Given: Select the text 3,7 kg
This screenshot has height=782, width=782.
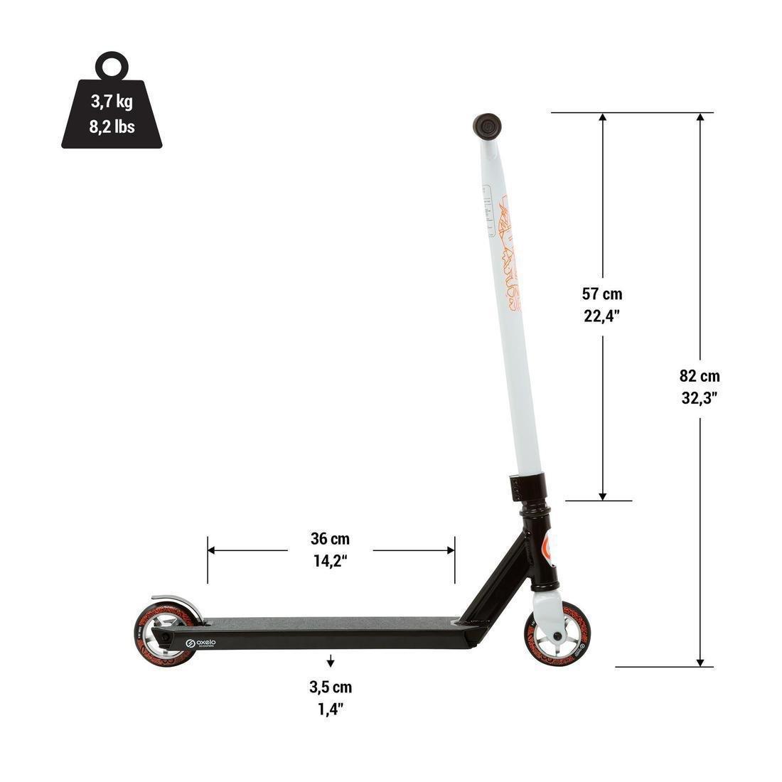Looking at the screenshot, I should coord(112,102).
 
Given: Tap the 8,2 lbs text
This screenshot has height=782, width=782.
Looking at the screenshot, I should coord(112,127).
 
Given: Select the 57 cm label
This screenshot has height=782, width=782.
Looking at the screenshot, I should coord(602,294).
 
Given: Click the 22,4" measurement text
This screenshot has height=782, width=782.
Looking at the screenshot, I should coord(602,317).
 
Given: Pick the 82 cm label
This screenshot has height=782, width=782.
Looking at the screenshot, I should coord(700,376).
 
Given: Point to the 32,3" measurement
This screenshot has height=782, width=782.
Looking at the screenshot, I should coord(700,399).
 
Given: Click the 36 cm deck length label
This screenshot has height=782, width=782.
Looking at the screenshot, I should coord(330,539).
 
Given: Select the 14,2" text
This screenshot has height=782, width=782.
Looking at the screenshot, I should coord(330,561).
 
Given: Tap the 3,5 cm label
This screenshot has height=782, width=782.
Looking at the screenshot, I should coord(331,687).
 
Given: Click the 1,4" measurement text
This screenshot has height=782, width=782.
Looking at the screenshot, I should coord(331,709).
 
